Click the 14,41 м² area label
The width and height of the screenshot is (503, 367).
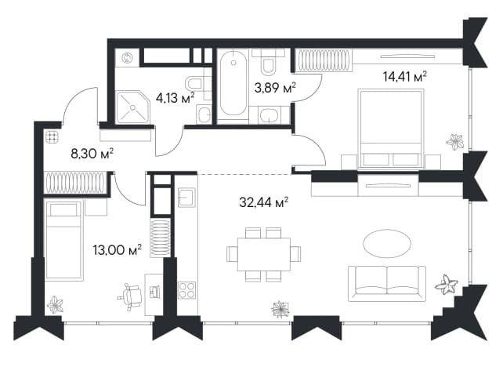coord(405,77)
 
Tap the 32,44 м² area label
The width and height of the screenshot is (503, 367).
coord(264,202)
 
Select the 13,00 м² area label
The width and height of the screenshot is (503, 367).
coord(117,249)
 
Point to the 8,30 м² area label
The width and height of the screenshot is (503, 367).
coord(92,154)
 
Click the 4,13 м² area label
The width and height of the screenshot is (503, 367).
coord(176,97)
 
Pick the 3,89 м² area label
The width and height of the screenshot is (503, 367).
coord(275,87)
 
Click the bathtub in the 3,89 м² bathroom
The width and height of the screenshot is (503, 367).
coord(233,83)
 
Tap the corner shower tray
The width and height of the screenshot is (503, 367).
coord(132,107)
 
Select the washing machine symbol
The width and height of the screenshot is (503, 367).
coord(128,58)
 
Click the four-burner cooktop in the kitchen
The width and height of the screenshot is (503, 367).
coord(187,290)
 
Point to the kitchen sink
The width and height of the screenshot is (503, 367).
coord(186,197)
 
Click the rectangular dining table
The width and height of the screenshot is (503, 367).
coord(264,254)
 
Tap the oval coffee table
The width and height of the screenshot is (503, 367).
coord(387,243)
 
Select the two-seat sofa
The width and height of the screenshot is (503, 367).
coord(387,284)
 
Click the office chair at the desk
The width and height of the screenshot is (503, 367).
coord(131,296)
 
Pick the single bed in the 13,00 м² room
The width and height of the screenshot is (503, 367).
coord(63,239)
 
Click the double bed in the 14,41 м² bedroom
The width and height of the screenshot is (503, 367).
coord(390,129)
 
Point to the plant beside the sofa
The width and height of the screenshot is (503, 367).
coord(447,285)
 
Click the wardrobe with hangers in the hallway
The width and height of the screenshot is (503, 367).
coord(75,183)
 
